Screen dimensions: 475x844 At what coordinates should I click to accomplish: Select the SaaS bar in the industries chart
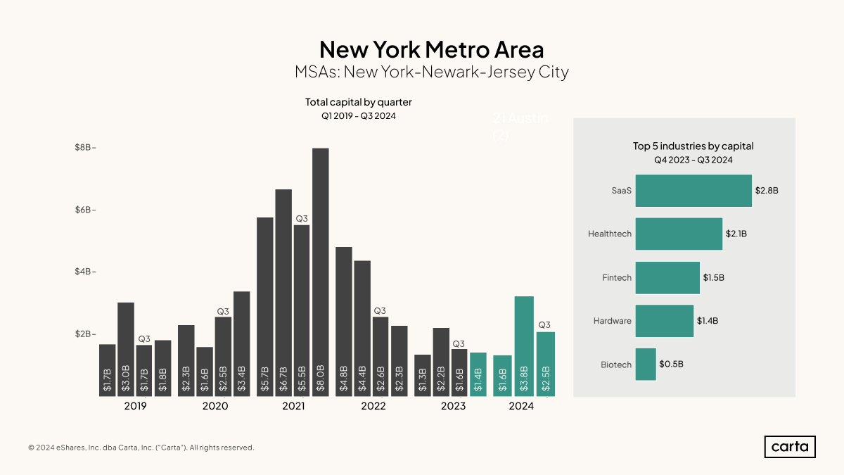[x=693, y=191]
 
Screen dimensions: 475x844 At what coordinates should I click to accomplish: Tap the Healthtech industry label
[x=610, y=234]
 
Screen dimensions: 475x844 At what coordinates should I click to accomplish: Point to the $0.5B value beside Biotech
[x=671, y=365]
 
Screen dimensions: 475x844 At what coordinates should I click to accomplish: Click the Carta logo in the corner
[x=790, y=447]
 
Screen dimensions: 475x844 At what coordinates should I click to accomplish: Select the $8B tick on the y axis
[x=84, y=147]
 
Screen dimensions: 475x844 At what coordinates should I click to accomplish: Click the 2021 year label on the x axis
[x=293, y=406]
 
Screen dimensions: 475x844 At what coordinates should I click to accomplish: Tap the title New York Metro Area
[x=431, y=49]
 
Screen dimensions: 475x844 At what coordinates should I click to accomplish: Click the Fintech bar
[x=667, y=278]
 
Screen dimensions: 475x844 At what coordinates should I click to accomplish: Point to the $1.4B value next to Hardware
[x=708, y=321]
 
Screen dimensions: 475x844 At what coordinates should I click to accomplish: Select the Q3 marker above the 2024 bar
[x=544, y=325]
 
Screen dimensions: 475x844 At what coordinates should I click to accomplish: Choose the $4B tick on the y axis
[x=84, y=272]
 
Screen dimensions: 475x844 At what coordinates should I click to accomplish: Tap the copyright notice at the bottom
[x=141, y=448]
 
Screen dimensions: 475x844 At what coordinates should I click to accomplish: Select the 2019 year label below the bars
[x=135, y=406]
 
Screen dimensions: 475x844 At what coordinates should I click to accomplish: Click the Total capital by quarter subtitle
[x=358, y=102]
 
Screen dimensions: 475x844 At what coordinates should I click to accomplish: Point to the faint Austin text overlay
[x=520, y=126]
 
